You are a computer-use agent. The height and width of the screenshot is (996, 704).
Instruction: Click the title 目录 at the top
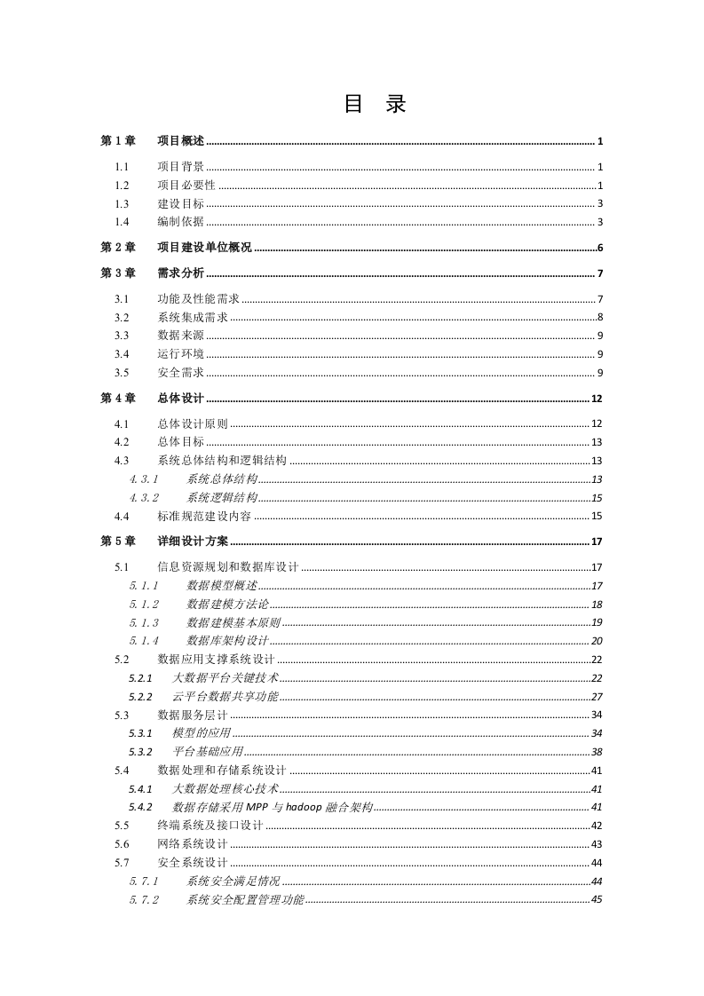[374, 105]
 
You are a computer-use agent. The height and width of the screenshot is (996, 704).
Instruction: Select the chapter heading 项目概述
[180, 141]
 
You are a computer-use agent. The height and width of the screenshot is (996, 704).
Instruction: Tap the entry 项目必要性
[186, 185]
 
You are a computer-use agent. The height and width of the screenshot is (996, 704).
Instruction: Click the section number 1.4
[122, 221]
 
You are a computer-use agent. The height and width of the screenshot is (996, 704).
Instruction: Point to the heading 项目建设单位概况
[204, 248]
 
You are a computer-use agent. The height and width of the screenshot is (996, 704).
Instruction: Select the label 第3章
[118, 273]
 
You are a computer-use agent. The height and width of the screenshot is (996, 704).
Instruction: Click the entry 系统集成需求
[193, 317]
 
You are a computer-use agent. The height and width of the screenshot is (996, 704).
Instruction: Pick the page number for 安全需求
[600, 372]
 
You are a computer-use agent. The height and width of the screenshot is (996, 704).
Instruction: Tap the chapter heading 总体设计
[180, 398]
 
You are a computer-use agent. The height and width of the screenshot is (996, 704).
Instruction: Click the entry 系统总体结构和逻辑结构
[222, 460]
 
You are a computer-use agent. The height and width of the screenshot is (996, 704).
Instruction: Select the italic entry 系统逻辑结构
[222, 497]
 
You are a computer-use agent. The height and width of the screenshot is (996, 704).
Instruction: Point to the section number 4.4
[122, 516]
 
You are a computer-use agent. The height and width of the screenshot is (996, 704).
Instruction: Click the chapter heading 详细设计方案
[193, 541]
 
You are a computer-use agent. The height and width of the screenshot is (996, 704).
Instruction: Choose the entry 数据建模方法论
[227, 604]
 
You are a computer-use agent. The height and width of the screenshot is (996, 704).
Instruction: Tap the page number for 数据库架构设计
[597, 641]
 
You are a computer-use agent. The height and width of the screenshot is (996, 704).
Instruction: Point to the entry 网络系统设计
[193, 843]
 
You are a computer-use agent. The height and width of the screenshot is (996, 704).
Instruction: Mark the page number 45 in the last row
[597, 899]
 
